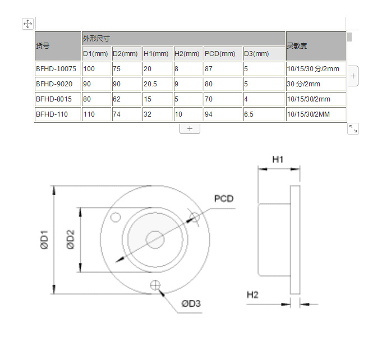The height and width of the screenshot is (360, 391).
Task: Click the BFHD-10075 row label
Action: [56, 69]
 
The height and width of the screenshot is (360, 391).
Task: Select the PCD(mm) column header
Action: [220, 54]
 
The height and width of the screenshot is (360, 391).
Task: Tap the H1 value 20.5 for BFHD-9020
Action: [150, 84]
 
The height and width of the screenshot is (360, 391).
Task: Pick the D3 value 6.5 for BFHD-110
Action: [249, 114]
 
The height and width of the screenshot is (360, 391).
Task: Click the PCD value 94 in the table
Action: [209, 114]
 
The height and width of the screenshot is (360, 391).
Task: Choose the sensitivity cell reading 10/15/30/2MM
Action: [308, 114]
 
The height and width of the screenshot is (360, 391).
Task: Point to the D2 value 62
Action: [117, 99]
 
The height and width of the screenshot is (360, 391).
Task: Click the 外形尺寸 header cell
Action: [183, 38]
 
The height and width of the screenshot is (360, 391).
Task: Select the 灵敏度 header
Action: [316, 46]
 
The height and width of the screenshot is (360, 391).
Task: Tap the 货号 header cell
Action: [58, 46]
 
